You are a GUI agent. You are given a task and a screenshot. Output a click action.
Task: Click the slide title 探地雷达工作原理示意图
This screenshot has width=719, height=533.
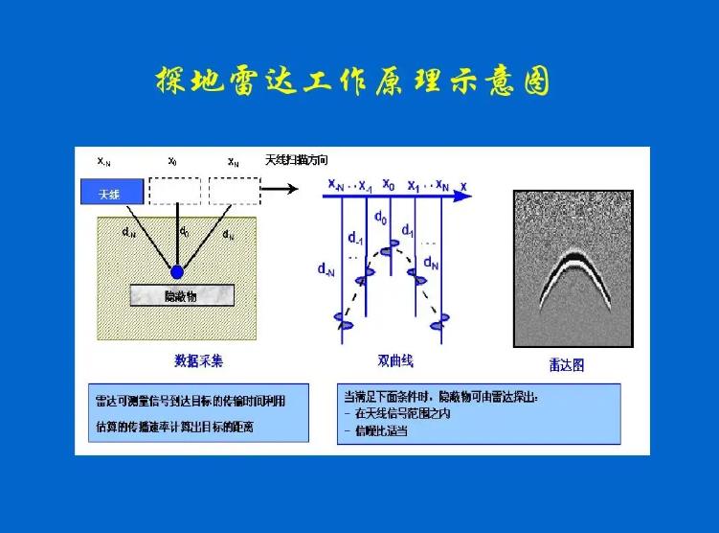click(x=353, y=81)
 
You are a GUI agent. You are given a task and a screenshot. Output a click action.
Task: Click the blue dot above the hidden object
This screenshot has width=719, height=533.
click(x=176, y=272)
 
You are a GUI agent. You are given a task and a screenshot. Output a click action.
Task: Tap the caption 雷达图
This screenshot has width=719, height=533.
click(x=566, y=364)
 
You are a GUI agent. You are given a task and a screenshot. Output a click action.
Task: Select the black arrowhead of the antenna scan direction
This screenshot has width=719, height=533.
click(x=290, y=190)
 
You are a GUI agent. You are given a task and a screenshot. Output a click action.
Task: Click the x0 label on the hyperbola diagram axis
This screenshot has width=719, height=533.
click(x=388, y=182)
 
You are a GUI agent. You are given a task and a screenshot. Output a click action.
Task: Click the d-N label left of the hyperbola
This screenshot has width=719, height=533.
click(x=326, y=270)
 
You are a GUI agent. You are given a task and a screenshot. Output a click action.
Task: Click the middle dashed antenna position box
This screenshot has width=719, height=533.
click(x=174, y=191)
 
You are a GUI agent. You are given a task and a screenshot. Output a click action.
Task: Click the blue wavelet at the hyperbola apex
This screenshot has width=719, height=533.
click(x=388, y=251)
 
